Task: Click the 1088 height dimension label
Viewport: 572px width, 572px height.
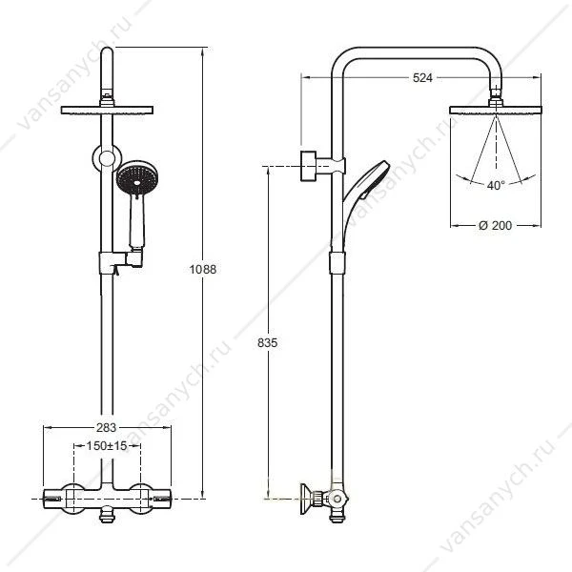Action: pyautogui.click(x=203, y=269)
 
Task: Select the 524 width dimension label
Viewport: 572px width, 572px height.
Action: pyautogui.click(x=422, y=78)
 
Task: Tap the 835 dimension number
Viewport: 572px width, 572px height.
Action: pyautogui.click(x=267, y=343)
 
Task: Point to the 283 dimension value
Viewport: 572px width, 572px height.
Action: pyautogui.click(x=106, y=427)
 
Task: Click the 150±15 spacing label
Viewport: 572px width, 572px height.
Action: pyautogui.click(x=107, y=445)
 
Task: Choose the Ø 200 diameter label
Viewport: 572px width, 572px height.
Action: pyautogui.click(x=496, y=225)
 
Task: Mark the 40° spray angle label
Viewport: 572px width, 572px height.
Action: pyautogui.click(x=496, y=185)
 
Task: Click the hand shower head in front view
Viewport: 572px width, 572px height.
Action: pyautogui.click(x=137, y=178)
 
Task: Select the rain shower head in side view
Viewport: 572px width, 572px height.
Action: pyautogui.click(x=496, y=110)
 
